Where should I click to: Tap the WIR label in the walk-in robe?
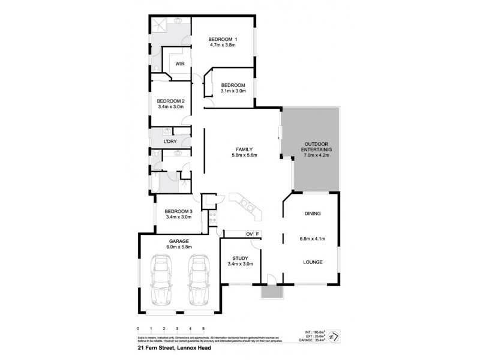[x=179, y=63]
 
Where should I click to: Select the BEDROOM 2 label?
[x=170, y=100]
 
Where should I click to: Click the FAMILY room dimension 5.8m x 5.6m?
[x=244, y=155]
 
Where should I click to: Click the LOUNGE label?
[x=312, y=262]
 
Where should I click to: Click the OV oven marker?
[x=248, y=234]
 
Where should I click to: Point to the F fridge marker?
[x=257, y=234]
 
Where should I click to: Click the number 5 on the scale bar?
[x=203, y=329]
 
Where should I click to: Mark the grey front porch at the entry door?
[x=270, y=292]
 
